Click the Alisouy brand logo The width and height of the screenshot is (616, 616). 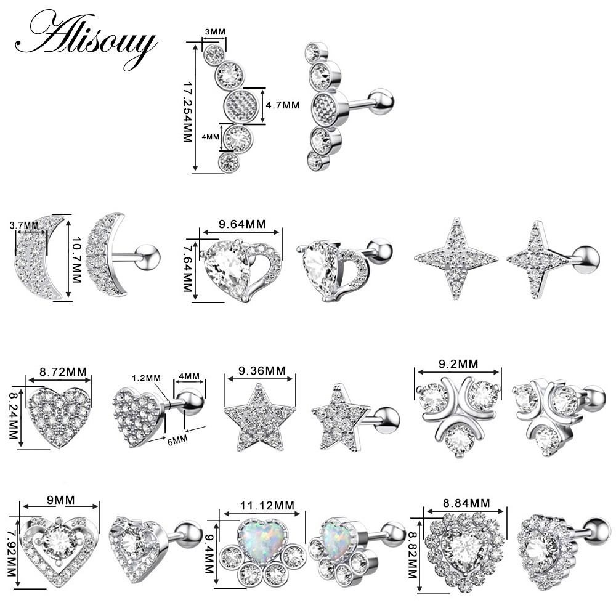pos(86,40)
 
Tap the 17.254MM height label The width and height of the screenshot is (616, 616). pos(187,112)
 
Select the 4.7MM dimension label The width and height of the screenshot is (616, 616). pos(283,105)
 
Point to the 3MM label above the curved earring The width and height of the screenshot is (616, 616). pos(215,31)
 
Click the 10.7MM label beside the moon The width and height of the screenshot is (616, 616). pos(76,260)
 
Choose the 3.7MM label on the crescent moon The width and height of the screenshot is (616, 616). pos(25,225)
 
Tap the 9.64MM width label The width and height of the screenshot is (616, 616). pos(242,224)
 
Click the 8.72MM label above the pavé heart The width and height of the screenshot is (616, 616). pos(63,371)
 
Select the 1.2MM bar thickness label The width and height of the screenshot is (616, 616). pos(146,378)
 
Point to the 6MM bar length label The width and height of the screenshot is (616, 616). pos(177,440)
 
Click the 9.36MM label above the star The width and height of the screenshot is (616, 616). pos(262,370)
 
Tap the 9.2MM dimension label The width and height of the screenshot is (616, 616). pos(458,364)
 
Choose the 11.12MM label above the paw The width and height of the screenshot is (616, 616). pos(267,505)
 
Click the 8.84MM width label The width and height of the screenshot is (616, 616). pos(466,503)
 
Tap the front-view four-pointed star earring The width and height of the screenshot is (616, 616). pos(456,258)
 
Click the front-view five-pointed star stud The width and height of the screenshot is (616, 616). pos(259,417)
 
